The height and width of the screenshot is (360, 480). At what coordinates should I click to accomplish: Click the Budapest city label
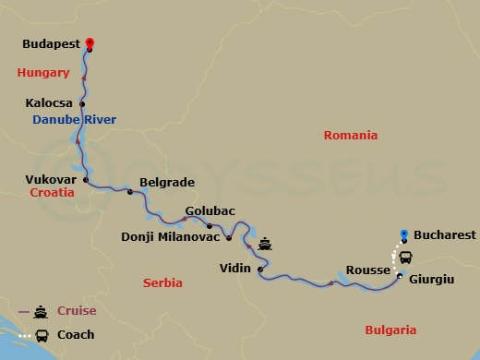coord(51,42)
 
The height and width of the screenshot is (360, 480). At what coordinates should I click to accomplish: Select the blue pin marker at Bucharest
coord(403,234)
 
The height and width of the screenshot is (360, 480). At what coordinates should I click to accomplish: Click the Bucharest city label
coord(445,235)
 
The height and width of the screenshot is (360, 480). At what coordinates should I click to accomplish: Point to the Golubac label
coord(208,210)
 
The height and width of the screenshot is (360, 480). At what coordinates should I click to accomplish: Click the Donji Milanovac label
coord(171,237)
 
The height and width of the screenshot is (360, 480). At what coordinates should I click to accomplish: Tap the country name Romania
coord(350,136)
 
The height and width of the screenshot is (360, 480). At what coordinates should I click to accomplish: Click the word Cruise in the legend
coord(77,311)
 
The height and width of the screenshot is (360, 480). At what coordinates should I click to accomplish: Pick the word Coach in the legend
coord(76,334)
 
